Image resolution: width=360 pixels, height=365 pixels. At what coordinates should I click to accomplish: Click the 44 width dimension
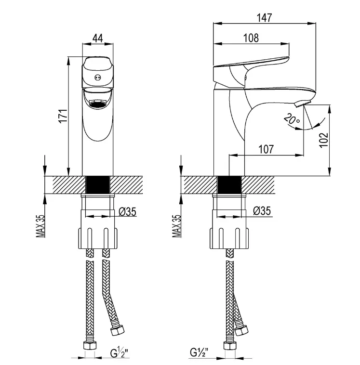pyautogui.click(x=98, y=37)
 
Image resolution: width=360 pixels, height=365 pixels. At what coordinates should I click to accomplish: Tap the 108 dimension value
pyautogui.click(x=252, y=38)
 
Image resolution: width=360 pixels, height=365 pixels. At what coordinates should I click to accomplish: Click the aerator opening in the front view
pyautogui.click(x=98, y=103)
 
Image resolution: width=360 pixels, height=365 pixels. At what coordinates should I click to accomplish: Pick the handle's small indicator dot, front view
pyautogui.click(x=98, y=77)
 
